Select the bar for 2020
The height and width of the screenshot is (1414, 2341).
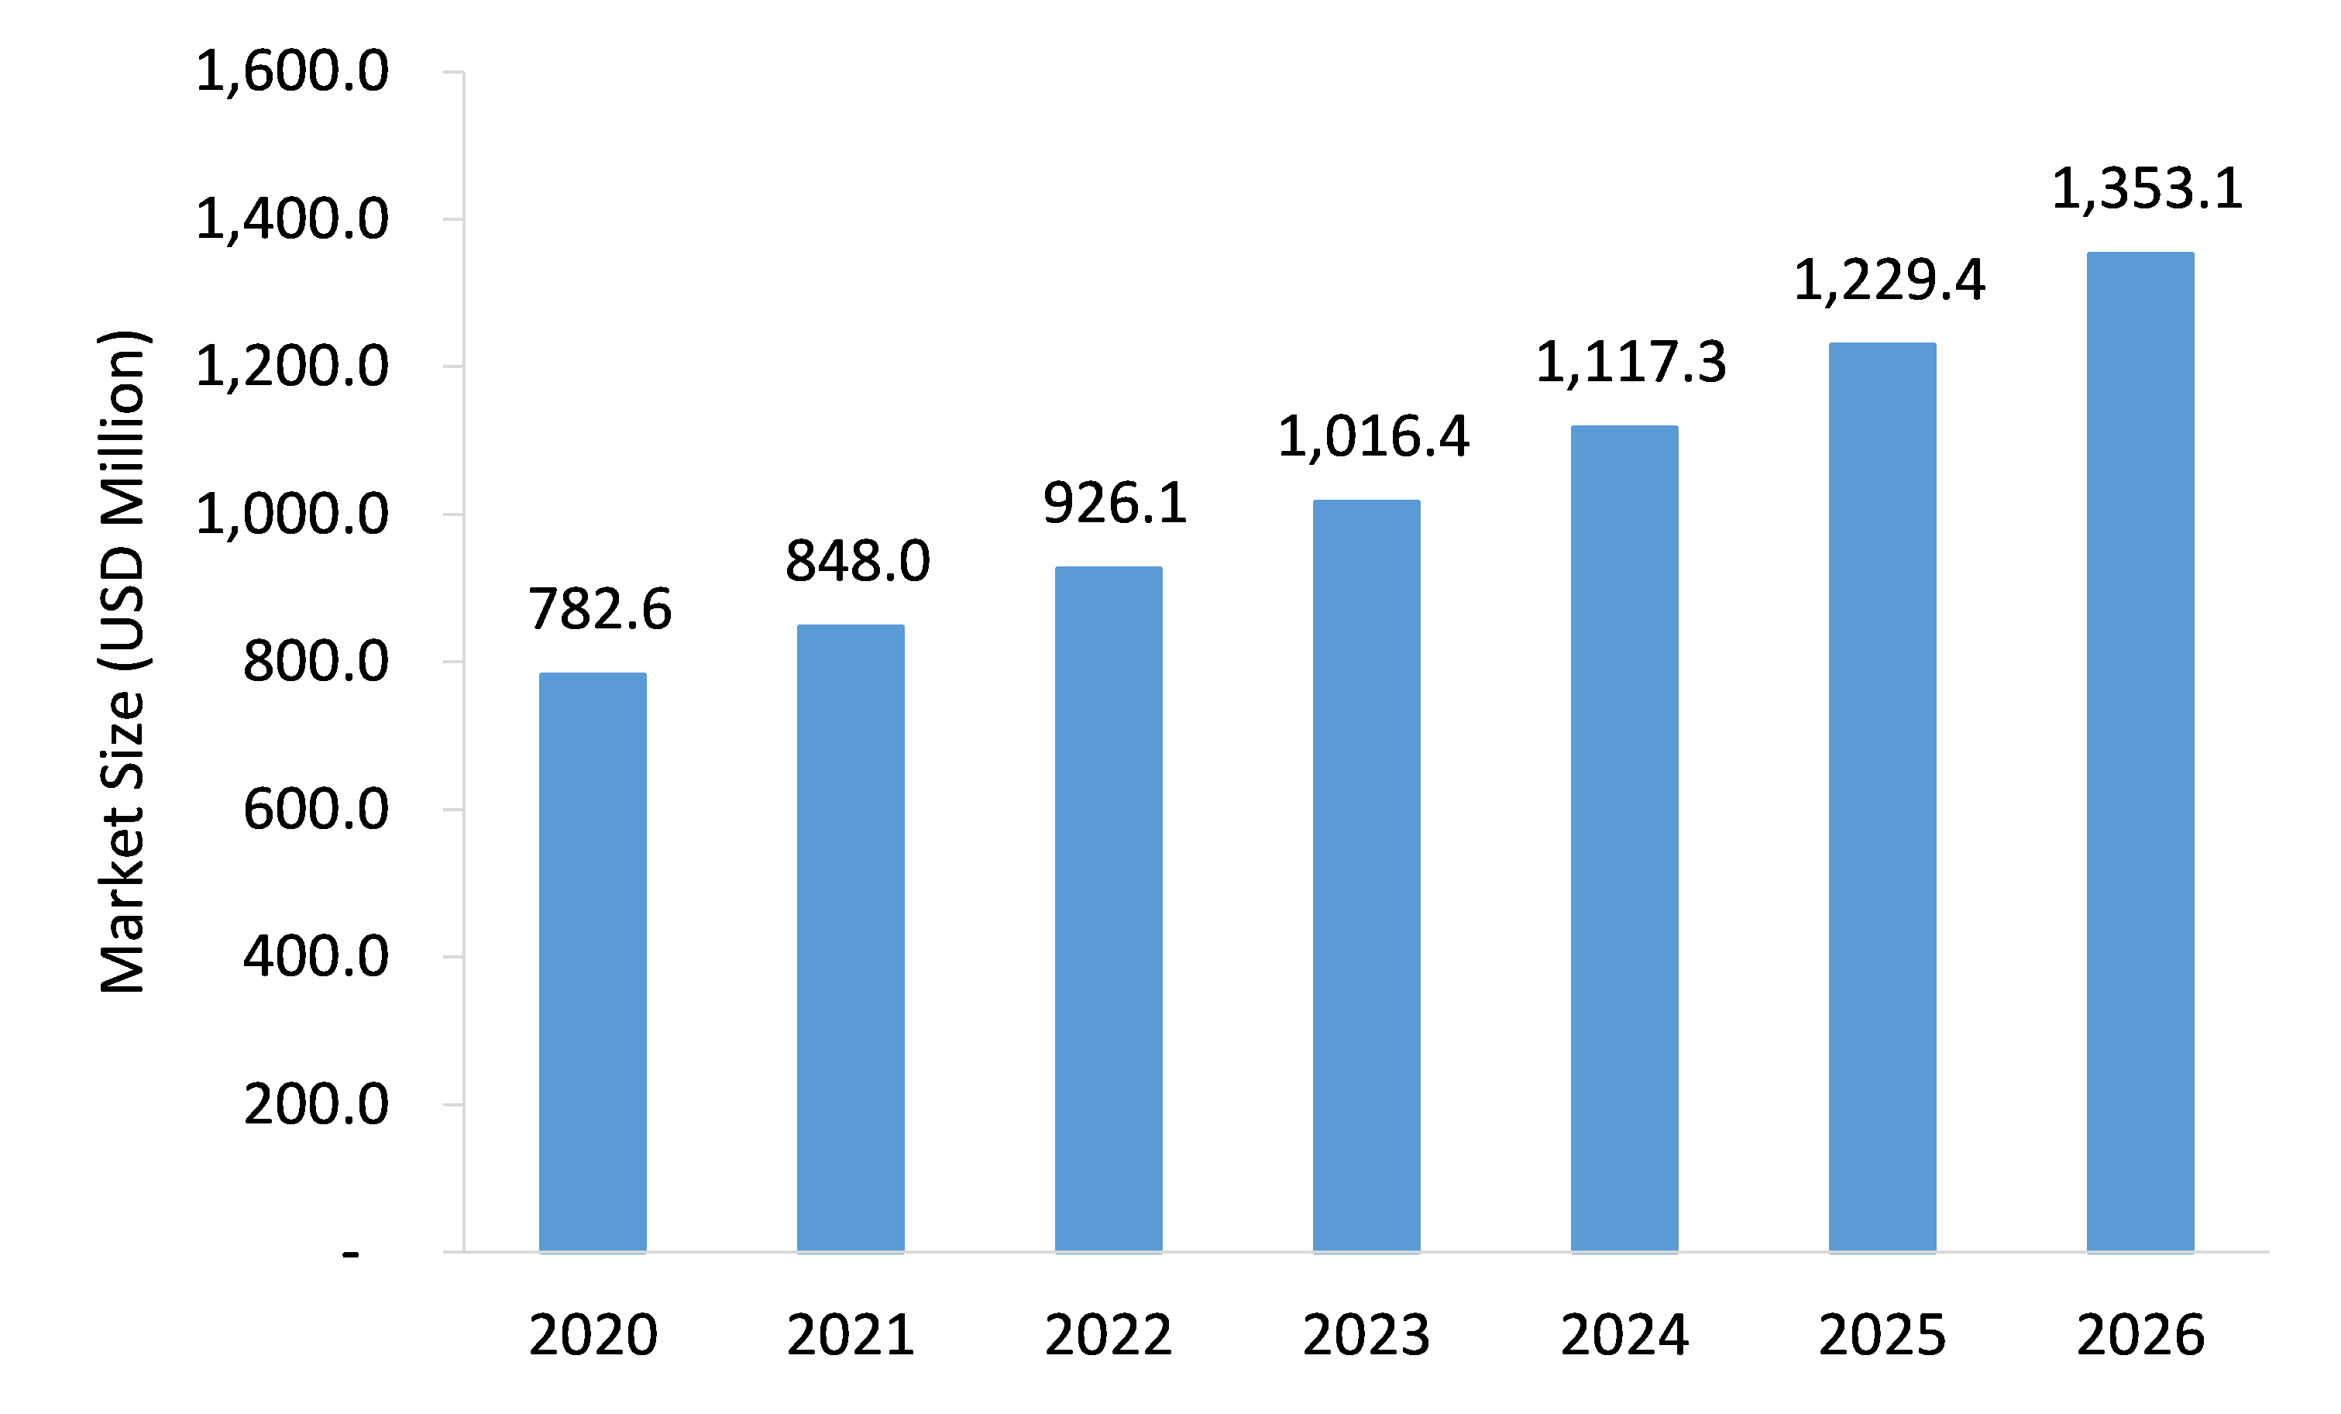tap(592, 962)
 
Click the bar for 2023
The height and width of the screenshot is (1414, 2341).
tap(1366, 876)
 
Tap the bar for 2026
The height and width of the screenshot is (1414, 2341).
tap(2140, 752)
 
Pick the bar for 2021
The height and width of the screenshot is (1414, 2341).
tap(851, 938)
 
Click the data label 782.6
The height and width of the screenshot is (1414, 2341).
tap(600, 609)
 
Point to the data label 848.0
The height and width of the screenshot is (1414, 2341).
tap(857, 561)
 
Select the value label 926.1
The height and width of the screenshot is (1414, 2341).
tap(1115, 503)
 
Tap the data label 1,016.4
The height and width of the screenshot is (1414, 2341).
tap(1373, 437)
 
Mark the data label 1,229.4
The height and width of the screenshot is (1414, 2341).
tap(1889, 281)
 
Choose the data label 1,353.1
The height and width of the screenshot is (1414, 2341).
tap(2147, 189)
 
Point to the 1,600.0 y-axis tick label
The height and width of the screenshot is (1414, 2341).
tap(292, 72)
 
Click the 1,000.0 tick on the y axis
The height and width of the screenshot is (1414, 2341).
tap(292, 515)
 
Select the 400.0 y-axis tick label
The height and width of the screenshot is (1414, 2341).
tap(315, 957)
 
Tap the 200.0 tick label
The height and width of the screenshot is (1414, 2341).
tap(315, 1105)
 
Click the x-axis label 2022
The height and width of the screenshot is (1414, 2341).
tap(1108, 1335)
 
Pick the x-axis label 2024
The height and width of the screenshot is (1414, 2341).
tap(1624, 1335)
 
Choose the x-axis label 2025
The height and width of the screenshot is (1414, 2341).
tap(1882, 1335)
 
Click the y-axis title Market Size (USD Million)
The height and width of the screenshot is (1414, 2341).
tap(122, 662)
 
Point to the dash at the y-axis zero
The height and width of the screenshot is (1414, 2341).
tap(351, 1255)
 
